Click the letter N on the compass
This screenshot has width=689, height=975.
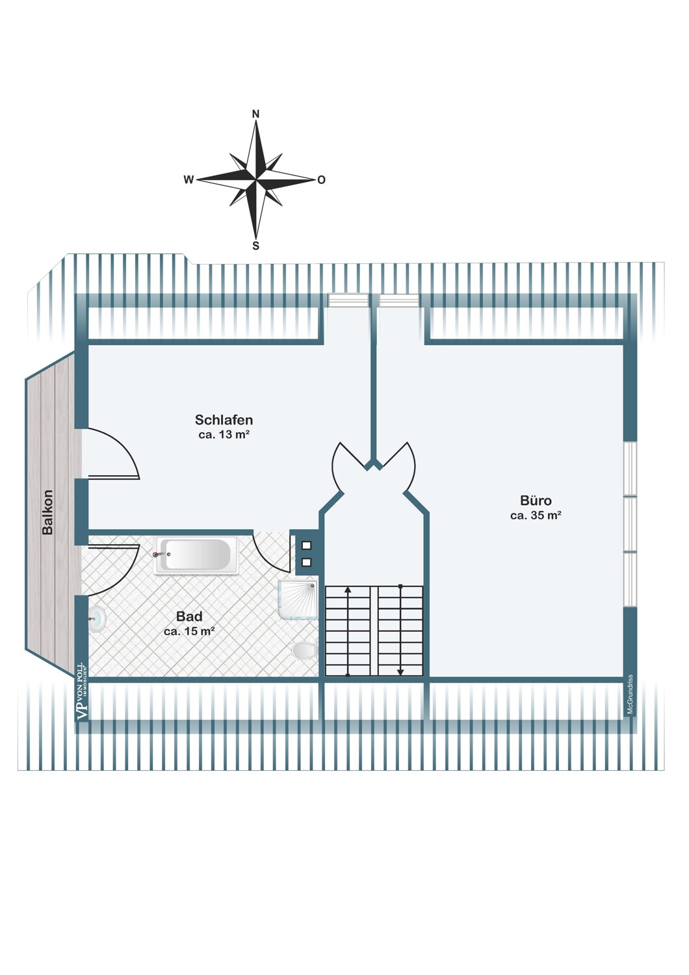pyautogui.click(x=256, y=114)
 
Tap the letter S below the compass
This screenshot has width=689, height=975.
pyautogui.click(x=256, y=246)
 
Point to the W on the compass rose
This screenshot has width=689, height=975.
pyautogui.click(x=188, y=180)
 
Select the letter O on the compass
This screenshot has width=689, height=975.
pyautogui.click(x=321, y=180)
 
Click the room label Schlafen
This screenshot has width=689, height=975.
pyautogui.click(x=224, y=420)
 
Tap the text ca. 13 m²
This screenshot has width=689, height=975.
pyautogui.click(x=224, y=434)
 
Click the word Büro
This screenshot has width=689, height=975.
pyautogui.click(x=536, y=500)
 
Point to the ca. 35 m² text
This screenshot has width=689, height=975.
pyautogui.click(x=536, y=515)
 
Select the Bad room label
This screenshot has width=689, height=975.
pyautogui.click(x=189, y=617)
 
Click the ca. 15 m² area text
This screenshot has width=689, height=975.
pyautogui.click(x=189, y=631)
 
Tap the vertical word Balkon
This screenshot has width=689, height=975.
pyautogui.click(x=47, y=512)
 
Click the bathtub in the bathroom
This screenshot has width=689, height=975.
pyautogui.click(x=197, y=555)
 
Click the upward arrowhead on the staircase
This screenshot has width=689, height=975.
pyautogui.click(x=347, y=590)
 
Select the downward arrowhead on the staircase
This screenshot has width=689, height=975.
pyautogui.click(x=400, y=672)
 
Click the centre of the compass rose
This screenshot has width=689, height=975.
pyautogui.click(x=256, y=179)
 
